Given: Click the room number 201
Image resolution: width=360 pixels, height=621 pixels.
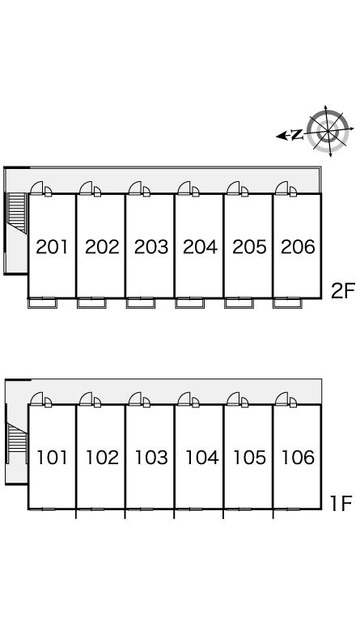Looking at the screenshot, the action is pyautogui.click(x=52, y=247).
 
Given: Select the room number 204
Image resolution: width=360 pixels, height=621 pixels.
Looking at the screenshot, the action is pyautogui.click(x=200, y=247).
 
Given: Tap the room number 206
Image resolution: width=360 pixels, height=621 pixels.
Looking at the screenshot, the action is pyautogui.click(x=298, y=247).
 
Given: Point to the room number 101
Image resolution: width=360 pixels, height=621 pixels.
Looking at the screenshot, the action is pyautogui.click(x=52, y=458).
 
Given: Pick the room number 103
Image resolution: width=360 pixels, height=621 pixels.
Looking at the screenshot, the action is pyautogui.click(x=151, y=458).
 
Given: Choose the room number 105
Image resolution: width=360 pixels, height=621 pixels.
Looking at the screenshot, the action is pyautogui.click(x=249, y=458).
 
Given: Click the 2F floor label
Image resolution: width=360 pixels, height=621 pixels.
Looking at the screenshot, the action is pyautogui.click(x=343, y=291).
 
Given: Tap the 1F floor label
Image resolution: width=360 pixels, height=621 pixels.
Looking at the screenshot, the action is pyautogui.click(x=341, y=504).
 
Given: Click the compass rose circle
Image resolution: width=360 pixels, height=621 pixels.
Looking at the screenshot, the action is pyautogui.click(x=328, y=131).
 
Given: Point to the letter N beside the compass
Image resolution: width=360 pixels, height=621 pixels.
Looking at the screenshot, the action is pyautogui.click(x=297, y=135).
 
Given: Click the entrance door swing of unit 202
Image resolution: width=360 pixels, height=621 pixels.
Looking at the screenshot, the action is pyautogui.click(x=86, y=188).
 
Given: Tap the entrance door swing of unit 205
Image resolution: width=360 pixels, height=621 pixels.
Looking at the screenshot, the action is pyautogui.click(x=233, y=188).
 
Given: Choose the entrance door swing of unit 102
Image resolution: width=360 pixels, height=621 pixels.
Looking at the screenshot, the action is pyautogui.click(x=86, y=399).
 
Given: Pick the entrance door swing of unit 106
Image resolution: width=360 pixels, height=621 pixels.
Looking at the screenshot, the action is pyautogui.click(x=282, y=399).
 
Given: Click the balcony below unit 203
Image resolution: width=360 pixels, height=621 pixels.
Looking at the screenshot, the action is pyautogui.click(x=141, y=303).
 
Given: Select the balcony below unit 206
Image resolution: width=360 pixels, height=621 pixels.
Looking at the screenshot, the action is pyautogui.click(x=287, y=303).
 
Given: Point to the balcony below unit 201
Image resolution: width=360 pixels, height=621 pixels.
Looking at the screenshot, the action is pyautogui.click(x=42, y=303).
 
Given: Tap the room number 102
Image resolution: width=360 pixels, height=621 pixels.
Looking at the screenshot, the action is pyautogui.click(x=102, y=458).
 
